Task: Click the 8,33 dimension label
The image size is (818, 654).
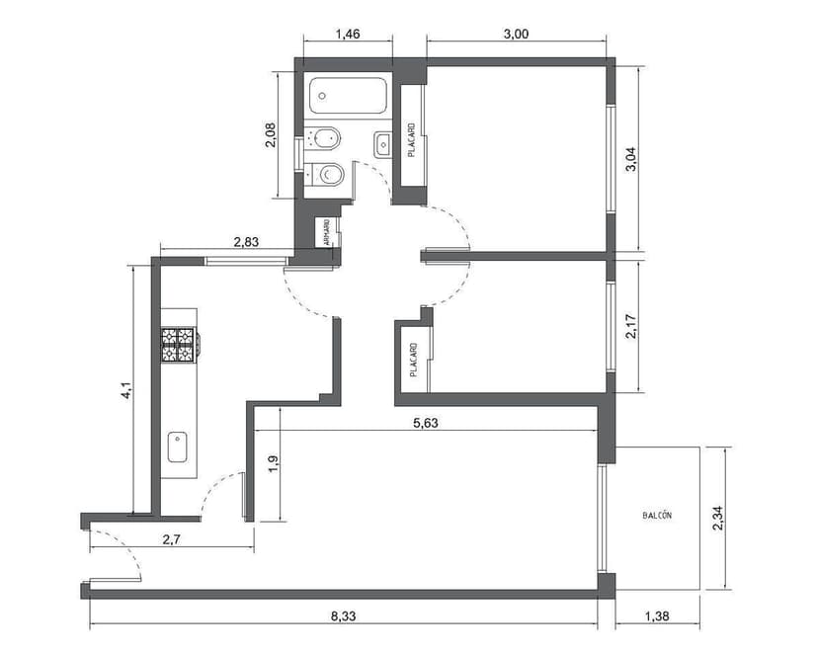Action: (x=344, y=615)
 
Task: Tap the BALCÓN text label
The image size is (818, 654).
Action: (x=657, y=516)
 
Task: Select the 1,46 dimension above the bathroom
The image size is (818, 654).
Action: (x=347, y=34)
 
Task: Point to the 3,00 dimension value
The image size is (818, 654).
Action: (x=516, y=34)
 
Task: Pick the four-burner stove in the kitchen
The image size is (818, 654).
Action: (x=179, y=343)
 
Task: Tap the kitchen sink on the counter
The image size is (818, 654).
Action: (x=179, y=447)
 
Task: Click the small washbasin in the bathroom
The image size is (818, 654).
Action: (x=383, y=144)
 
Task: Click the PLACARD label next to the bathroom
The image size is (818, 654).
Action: (x=411, y=139)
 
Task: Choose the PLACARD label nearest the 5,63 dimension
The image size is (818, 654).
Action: (x=414, y=359)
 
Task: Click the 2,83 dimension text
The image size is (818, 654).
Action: (x=246, y=240)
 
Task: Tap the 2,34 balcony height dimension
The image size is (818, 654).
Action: (x=717, y=517)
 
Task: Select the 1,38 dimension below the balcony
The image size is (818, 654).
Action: (x=656, y=615)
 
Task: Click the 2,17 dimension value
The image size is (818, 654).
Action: (x=631, y=327)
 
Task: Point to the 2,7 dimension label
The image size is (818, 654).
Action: (x=172, y=538)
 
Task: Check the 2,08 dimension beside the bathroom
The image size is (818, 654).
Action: (x=271, y=134)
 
